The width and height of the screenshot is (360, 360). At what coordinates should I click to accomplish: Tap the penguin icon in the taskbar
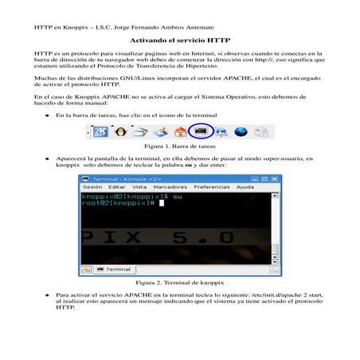tap(122, 131)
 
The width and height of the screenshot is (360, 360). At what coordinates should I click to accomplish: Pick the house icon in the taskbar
tap(181, 132)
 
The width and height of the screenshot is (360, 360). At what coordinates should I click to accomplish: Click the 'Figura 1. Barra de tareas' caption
tap(180, 147)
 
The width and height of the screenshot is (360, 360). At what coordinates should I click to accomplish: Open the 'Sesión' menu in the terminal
tap(92, 186)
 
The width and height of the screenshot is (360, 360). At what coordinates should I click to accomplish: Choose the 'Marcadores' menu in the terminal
tap(170, 186)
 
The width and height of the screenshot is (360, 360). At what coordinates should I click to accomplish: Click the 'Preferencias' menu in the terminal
tap(211, 186)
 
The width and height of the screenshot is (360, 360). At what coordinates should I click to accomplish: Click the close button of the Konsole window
tap(274, 178)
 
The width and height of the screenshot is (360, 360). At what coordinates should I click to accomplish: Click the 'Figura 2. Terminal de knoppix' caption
tap(181, 283)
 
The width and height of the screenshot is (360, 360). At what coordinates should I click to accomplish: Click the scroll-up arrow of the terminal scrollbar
tap(274, 196)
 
